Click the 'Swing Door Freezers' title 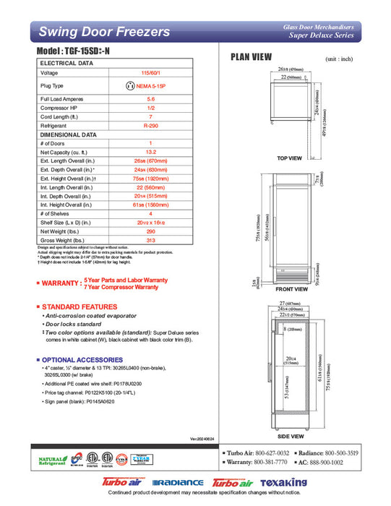point(104,32)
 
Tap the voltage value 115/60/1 point(150,73)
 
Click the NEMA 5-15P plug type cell point(150,86)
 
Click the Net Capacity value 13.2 point(150,153)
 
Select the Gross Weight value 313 point(150,240)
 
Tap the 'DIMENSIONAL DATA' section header point(69,134)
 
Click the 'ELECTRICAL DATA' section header point(66,64)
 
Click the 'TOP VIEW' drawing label point(289,158)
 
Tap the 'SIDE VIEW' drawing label point(289,437)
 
